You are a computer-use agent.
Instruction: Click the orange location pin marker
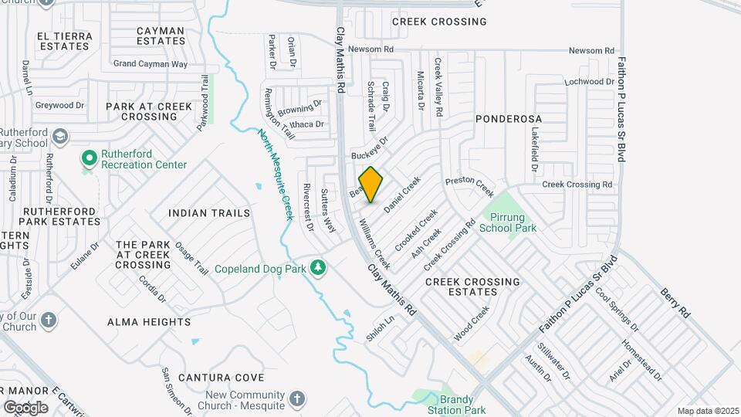(x=371, y=185)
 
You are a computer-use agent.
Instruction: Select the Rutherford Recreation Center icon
(x=90, y=158)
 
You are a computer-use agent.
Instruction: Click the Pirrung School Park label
(x=507, y=222)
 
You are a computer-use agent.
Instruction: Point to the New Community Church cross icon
(x=298, y=399)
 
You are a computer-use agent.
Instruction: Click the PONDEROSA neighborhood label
(x=509, y=119)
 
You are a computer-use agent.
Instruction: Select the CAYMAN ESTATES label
(x=160, y=36)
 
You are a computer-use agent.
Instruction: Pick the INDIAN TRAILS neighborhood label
(x=209, y=212)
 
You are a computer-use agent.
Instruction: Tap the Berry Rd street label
(x=674, y=304)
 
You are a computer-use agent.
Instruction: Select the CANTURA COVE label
(x=216, y=378)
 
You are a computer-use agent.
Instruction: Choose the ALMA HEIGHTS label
(x=149, y=322)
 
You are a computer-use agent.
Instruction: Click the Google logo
(x=25, y=407)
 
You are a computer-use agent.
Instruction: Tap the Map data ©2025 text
(x=707, y=411)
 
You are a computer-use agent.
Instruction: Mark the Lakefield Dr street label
(x=533, y=148)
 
